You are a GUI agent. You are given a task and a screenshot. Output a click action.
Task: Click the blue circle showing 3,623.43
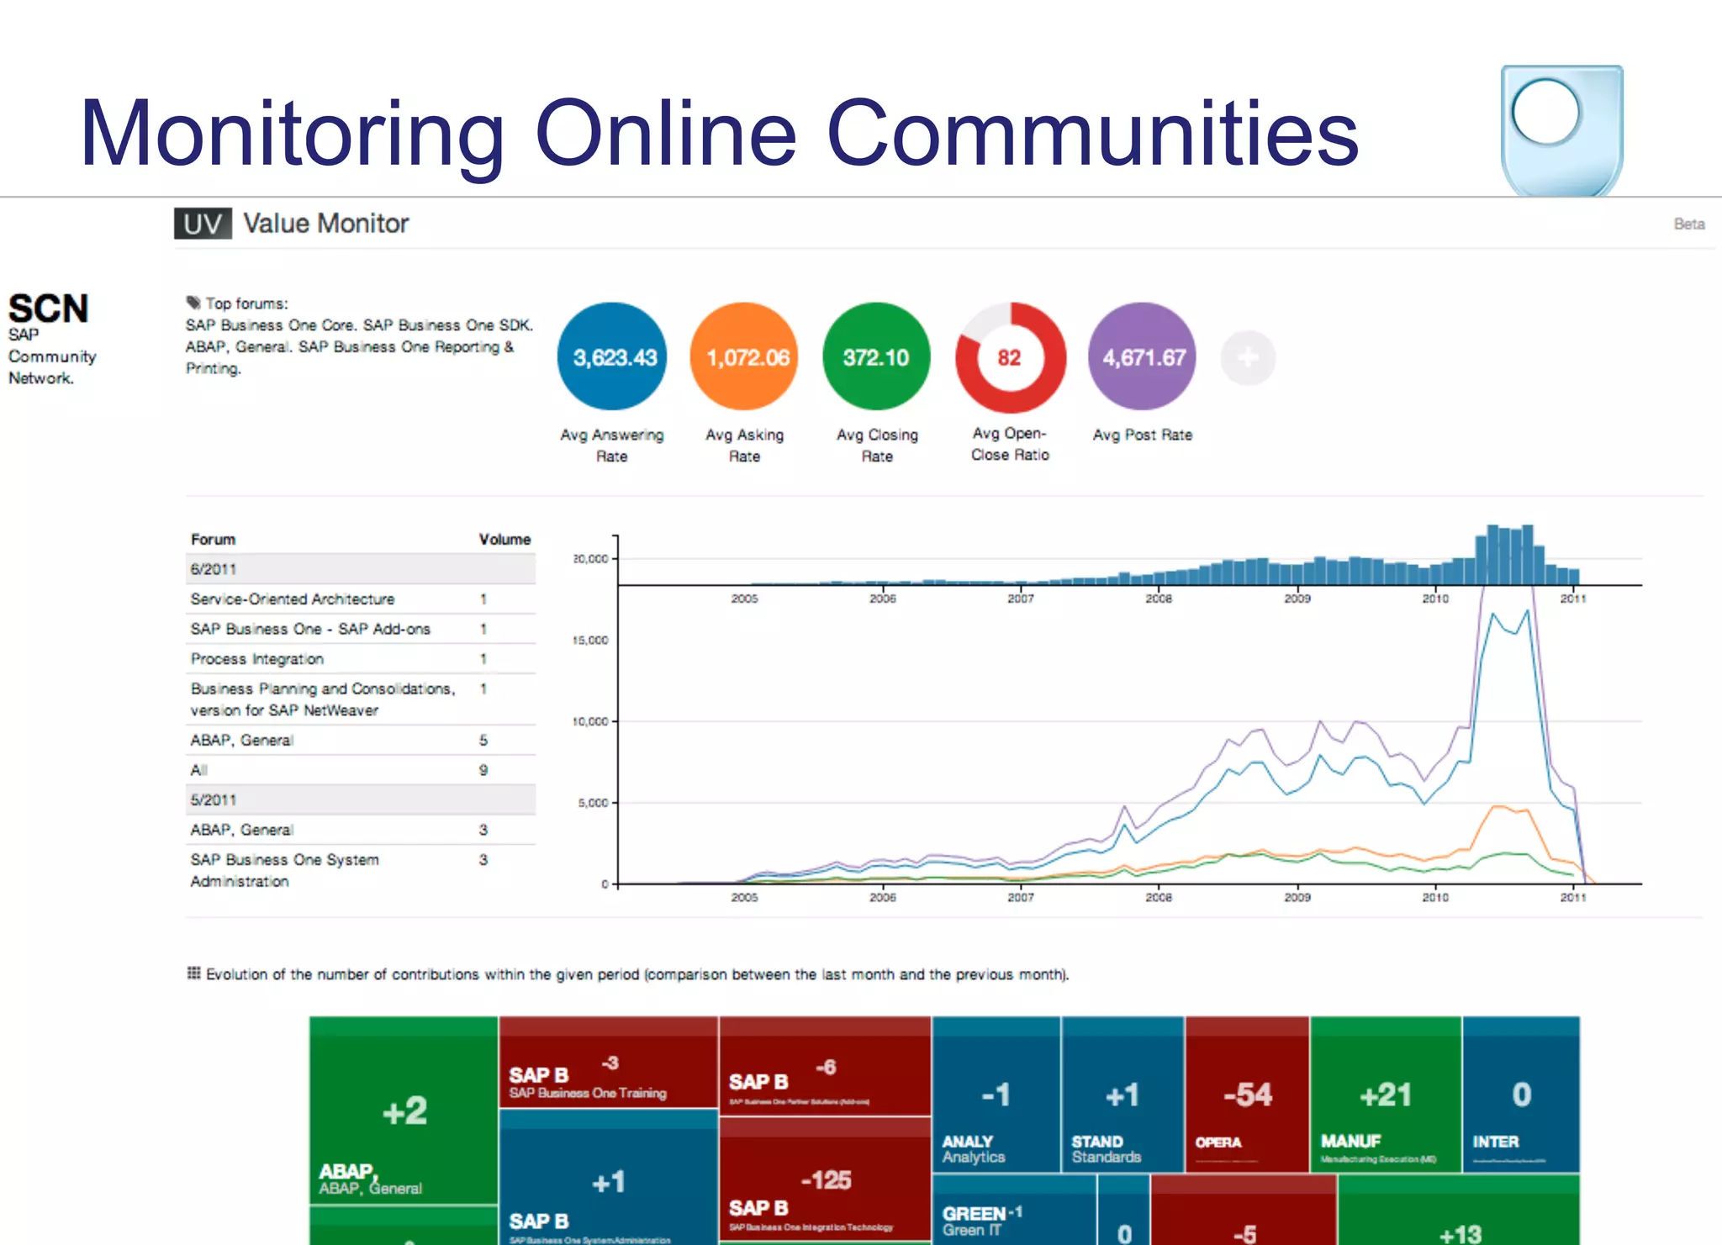613,357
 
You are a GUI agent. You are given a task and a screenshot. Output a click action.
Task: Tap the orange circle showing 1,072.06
745,357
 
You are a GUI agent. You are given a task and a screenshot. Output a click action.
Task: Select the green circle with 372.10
876,357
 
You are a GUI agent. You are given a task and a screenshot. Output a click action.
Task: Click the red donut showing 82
1009,357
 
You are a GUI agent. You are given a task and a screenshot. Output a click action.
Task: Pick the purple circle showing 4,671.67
1143,357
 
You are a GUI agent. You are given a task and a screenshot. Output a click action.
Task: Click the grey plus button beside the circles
1248,357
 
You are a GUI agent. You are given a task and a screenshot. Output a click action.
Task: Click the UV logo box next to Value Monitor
203,224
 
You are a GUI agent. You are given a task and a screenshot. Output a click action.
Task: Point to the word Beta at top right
1688,224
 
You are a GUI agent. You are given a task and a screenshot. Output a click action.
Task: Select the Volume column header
504,540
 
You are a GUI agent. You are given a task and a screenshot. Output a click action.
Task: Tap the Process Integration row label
257,659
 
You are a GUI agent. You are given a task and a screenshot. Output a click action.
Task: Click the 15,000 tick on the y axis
590,641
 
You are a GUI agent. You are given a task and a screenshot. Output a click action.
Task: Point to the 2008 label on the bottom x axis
1159,898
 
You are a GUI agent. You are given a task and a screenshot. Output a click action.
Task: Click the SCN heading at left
48,309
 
